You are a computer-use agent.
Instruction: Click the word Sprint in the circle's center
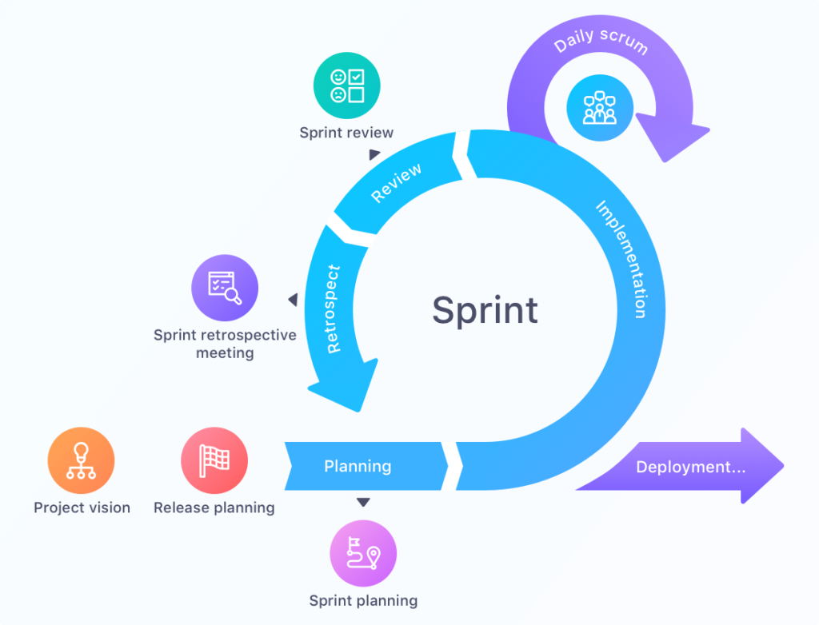(485, 310)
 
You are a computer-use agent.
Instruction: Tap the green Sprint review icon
(347, 86)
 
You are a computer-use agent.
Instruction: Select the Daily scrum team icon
(600, 108)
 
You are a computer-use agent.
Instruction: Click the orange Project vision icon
(82, 461)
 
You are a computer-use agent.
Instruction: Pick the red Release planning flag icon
(214, 461)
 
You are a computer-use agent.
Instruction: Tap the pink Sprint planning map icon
(363, 553)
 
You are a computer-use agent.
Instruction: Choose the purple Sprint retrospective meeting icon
(225, 288)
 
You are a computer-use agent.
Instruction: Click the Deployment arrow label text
(690, 467)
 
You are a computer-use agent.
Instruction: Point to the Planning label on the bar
(358, 466)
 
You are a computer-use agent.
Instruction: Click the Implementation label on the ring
(621, 259)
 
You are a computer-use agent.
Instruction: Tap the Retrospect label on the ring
(334, 309)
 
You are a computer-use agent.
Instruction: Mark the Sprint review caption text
(346, 133)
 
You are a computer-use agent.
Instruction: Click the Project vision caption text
(82, 508)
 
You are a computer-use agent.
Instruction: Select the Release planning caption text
(214, 508)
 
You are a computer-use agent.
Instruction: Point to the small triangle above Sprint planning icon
(363, 502)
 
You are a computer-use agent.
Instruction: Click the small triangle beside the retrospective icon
(293, 300)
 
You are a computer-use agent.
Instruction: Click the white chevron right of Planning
(453, 465)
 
